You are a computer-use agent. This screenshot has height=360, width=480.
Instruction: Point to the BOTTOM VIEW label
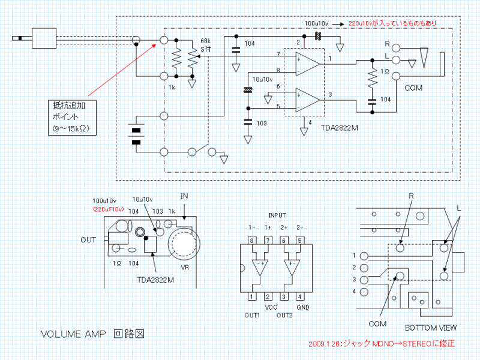tap(430, 328)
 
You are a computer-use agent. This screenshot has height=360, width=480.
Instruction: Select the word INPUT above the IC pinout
tap(276, 214)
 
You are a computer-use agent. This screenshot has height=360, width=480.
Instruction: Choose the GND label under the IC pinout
tap(303, 307)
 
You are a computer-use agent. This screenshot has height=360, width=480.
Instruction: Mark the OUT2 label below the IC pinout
tap(285, 316)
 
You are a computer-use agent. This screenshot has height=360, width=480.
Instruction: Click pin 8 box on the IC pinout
tap(252, 241)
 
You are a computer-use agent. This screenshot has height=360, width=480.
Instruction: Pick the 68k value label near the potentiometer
tap(205, 40)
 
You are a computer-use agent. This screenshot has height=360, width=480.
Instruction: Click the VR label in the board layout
tap(181, 268)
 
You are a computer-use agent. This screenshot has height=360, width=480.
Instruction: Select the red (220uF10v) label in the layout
tap(108, 209)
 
